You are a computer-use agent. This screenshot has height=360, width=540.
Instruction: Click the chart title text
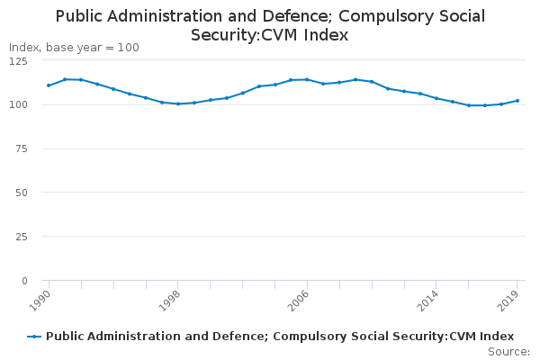point(270,25)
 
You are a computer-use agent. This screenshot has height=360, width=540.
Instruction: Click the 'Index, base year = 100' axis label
point(74,48)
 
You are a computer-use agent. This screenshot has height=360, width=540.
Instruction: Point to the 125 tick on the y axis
point(17,60)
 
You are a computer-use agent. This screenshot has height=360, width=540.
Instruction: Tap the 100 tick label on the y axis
point(17,104)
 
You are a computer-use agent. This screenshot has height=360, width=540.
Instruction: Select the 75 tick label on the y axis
point(20,148)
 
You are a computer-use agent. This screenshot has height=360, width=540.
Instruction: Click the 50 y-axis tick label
point(20,193)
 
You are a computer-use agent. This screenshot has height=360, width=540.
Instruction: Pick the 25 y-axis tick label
point(20,237)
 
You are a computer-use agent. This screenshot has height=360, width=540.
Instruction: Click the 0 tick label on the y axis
point(23,281)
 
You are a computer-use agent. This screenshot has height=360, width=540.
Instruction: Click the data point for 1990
point(49,85)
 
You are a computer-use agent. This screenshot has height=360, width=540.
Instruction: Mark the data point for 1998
point(178,103)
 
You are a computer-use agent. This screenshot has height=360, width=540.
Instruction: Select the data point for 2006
point(307,79)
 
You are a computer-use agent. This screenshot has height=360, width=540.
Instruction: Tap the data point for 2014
point(436,98)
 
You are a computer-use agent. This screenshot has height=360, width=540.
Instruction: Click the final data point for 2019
point(517,101)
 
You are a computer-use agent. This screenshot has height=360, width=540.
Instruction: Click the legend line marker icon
point(34,337)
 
